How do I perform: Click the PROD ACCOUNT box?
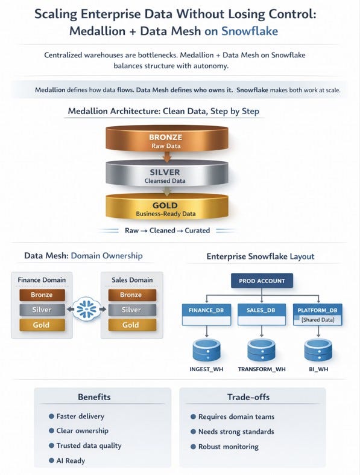(x=262, y=281)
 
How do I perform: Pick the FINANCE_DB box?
(x=206, y=314)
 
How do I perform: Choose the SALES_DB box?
(x=262, y=314)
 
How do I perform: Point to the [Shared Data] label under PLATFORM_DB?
(x=318, y=320)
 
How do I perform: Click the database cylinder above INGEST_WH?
(x=206, y=350)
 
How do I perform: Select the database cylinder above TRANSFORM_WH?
(x=262, y=350)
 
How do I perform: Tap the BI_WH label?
(x=318, y=369)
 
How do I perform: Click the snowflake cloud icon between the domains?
(x=86, y=309)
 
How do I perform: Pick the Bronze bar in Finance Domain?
(x=42, y=295)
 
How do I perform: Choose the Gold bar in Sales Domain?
(x=132, y=325)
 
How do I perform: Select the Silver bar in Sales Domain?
(x=132, y=310)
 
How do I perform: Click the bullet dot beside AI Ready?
(x=51, y=461)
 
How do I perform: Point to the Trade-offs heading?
(x=248, y=397)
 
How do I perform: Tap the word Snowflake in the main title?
(x=250, y=31)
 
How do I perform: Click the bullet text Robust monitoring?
(x=229, y=447)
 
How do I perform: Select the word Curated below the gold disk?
(x=197, y=230)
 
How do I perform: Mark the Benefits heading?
(x=94, y=397)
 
